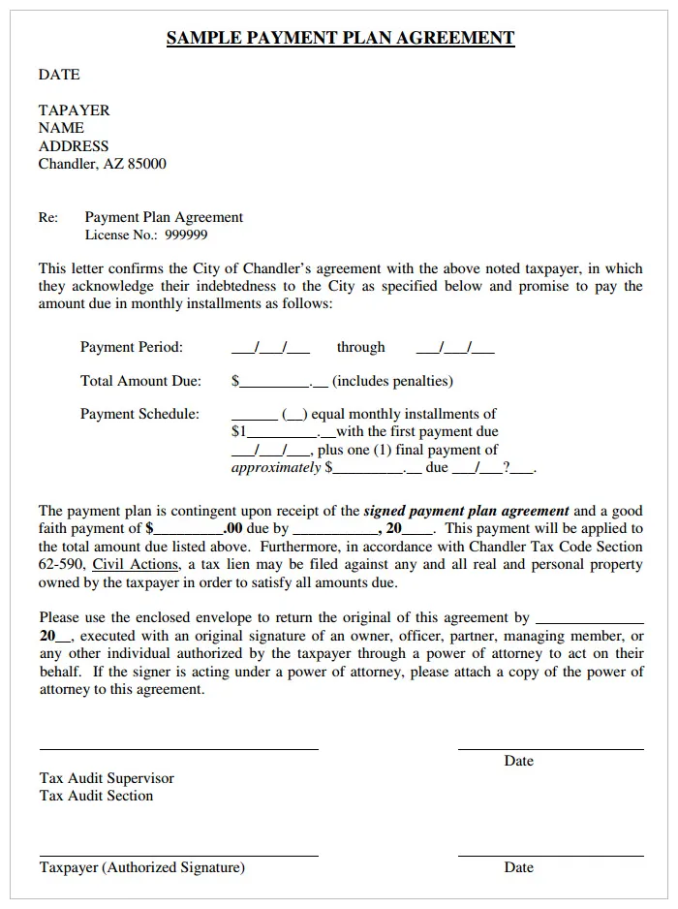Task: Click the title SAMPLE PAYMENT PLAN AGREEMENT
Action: tap(340, 39)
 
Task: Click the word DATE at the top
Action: tap(59, 75)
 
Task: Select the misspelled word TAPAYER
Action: tap(75, 110)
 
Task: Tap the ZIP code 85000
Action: tap(147, 164)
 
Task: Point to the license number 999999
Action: tap(186, 235)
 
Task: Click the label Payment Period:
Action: tap(132, 347)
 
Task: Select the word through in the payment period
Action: tap(360, 347)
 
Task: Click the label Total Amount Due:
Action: tap(140, 381)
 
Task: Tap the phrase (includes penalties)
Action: tap(392, 381)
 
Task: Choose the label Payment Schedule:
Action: tap(139, 414)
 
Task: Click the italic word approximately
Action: tap(276, 467)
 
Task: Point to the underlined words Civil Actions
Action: tap(136, 564)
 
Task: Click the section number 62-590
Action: tap(61, 564)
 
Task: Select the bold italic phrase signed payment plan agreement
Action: tap(466, 511)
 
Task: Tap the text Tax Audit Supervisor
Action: tap(107, 778)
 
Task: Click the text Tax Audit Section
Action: tap(96, 796)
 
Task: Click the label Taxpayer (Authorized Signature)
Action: tap(142, 867)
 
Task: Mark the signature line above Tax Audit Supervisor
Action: tap(178, 749)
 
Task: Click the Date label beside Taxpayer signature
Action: tap(518, 867)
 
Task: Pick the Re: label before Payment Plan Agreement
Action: tap(48, 217)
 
